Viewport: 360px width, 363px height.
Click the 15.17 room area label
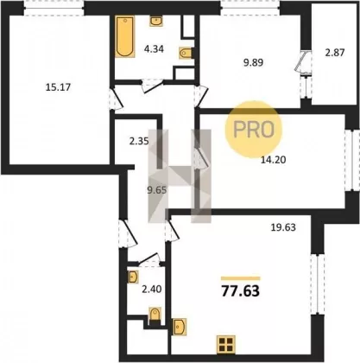58,87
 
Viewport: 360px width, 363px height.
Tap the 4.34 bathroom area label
154,49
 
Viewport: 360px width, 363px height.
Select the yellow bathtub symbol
125,36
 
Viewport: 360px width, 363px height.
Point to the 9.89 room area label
253,62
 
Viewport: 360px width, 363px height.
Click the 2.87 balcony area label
335,53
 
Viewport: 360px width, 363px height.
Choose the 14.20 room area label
273,159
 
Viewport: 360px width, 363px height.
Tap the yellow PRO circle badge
253,130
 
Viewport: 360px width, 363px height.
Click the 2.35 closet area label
139,142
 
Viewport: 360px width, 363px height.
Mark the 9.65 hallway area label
157,190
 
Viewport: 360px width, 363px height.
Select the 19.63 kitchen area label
283,227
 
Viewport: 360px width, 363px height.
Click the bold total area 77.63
241,291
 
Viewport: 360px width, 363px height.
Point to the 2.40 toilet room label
152,289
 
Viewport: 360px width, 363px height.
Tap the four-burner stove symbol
226,344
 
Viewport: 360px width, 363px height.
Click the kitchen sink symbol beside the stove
179,327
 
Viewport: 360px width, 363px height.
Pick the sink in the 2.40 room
133,277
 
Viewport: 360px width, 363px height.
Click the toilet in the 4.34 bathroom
186,53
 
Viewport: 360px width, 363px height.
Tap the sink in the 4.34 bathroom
156,21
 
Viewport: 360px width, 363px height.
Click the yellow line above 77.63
241,278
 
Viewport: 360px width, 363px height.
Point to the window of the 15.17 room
54,8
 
